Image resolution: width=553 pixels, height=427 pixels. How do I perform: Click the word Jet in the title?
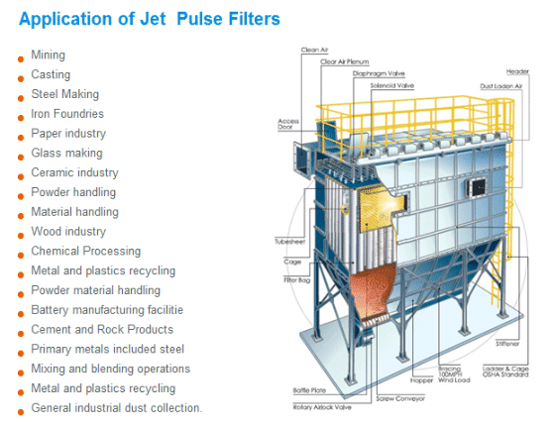[153, 19]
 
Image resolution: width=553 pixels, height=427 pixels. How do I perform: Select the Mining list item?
[48, 55]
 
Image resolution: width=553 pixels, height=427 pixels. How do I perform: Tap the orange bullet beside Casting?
[21, 78]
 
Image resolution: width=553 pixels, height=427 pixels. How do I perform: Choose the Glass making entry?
[66, 153]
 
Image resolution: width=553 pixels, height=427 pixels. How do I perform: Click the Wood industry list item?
[68, 231]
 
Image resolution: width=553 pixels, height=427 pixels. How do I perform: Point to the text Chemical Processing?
[85, 251]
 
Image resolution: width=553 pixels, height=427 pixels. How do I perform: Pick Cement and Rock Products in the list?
[102, 329]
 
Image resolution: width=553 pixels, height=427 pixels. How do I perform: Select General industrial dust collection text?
[117, 408]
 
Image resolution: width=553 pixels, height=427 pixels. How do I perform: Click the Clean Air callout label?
[314, 51]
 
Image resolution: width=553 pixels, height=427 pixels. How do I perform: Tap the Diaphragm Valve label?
[379, 73]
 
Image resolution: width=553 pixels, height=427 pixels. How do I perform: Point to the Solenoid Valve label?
[391, 85]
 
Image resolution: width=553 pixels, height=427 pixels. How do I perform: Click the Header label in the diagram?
[517, 71]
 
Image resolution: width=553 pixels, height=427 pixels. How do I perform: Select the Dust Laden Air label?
[500, 86]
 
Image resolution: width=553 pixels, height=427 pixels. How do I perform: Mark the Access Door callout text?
[287, 124]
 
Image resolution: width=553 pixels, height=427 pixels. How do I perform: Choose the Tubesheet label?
[290, 242]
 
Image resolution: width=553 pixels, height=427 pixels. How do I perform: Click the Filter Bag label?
[297, 280]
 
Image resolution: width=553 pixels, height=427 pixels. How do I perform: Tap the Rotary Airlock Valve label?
[322, 407]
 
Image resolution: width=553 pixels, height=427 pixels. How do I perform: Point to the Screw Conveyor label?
[400, 399]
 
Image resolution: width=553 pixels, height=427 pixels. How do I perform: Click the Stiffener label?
[507, 344]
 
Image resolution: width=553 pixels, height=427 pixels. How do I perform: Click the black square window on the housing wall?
[477, 187]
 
